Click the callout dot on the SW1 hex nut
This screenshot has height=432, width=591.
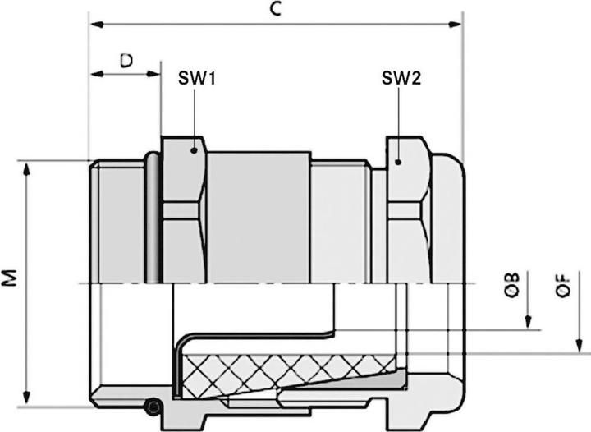pos(194,149)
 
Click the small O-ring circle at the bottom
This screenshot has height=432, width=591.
pos(150,407)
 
